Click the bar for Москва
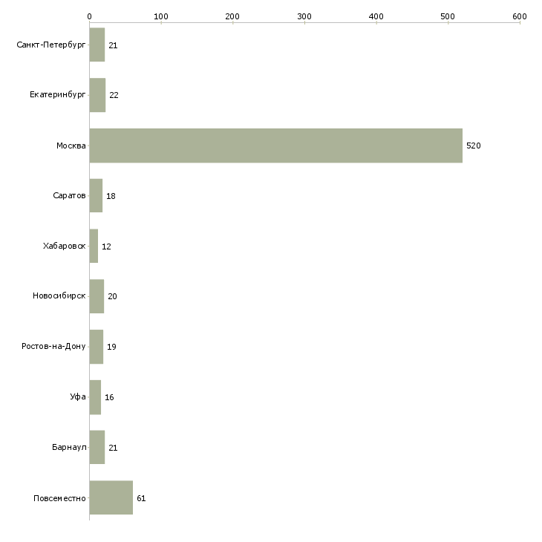[x=276, y=146]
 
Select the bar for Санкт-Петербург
[x=97, y=45]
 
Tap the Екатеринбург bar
[x=97, y=95]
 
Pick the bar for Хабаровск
[x=94, y=246]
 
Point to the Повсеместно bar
[x=111, y=497]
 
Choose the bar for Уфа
[x=95, y=397]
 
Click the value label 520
[x=473, y=146]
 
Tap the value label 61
[x=141, y=498]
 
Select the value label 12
[x=106, y=246]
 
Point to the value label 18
[x=111, y=196]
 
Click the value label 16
[x=109, y=397]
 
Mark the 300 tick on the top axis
[x=304, y=23]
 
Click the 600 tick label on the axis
[x=520, y=16]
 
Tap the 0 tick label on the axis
[x=90, y=16]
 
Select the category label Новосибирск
[x=59, y=296]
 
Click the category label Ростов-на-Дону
[x=53, y=346]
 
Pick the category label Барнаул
[x=69, y=447]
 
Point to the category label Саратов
[x=69, y=195]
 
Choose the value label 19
[x=111, y=347]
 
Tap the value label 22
[x=114, y=95]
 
